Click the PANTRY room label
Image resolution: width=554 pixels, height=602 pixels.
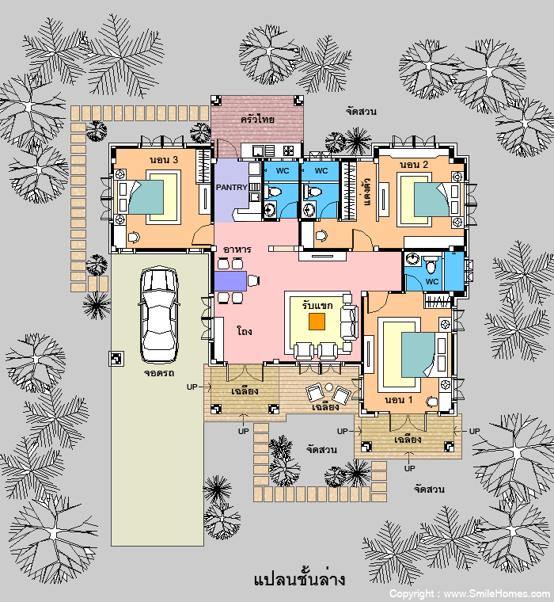click(231, 188)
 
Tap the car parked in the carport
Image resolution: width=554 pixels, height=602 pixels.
click(159, 314)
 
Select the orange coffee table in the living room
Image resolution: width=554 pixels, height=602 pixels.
click(317, 322)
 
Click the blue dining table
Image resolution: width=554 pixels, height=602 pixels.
click(230, 281)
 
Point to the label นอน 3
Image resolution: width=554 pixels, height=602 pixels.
click(164, 160)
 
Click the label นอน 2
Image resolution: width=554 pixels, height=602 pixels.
click(414, 165)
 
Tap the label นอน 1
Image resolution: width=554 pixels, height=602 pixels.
click(399, 400)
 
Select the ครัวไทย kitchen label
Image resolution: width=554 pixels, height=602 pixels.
click(257, 119)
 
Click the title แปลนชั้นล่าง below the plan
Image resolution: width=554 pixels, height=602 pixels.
click(299, 579)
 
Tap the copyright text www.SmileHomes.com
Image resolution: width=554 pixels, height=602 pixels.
click(497, 594)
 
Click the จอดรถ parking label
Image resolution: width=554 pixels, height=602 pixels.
click(159, 373)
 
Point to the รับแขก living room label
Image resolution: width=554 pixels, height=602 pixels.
click(317, 305)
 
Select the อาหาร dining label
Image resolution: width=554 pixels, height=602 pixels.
click(237, 250)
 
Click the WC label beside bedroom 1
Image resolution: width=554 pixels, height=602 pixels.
click(432, 281)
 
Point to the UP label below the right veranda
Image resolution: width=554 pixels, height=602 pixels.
click(409, 468)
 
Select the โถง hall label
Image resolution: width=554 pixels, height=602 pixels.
click(245, 331)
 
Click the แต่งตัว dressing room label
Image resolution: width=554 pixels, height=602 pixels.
click(366, 192)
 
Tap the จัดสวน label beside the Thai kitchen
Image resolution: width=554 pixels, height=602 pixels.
click(361, 112)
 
